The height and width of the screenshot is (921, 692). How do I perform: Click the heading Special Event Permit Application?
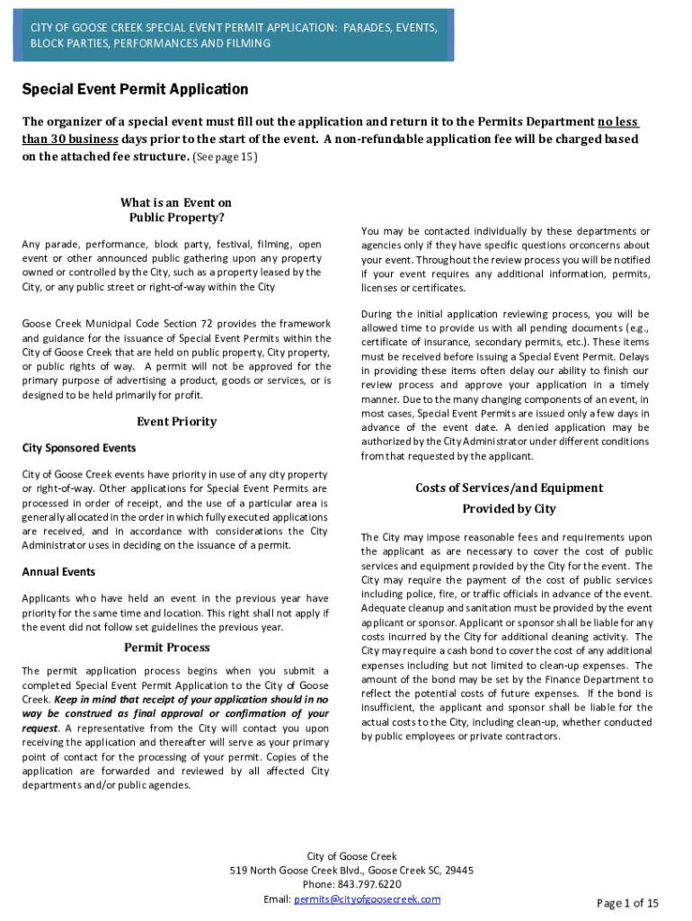pyautogui.click(x=135, y=90)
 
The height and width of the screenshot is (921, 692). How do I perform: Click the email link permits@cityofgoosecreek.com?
pyautogui.click(x=367, y=899)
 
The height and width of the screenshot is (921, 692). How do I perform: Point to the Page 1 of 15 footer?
pyautogui.click(x=628, y=903)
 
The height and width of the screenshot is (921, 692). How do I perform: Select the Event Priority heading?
pyautogui.click(x=176, y=421)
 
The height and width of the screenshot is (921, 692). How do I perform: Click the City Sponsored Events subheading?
pyautogui.click(x=79, y=448)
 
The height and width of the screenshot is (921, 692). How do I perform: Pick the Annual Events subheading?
pyautogui.click(x=58, y=572)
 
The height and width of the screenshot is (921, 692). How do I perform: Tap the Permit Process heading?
pyautogui.click(x=166, y=648)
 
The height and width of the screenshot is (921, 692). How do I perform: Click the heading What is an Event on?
pyautogui.click(x=176, y=202)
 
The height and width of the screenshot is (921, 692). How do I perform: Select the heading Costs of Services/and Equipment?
pyautogui.click(x=509, y=487)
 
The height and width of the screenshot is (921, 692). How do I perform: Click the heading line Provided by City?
pyautogui.click(x=509, y=509)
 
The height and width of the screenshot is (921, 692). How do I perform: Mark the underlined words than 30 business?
pyautogui.click(x=70, y=139)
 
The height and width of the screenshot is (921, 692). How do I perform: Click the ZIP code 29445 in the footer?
pyautogui.click(x=459, y=870)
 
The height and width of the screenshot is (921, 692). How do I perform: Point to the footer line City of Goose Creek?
pyautogui.click(x=351, y=856)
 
